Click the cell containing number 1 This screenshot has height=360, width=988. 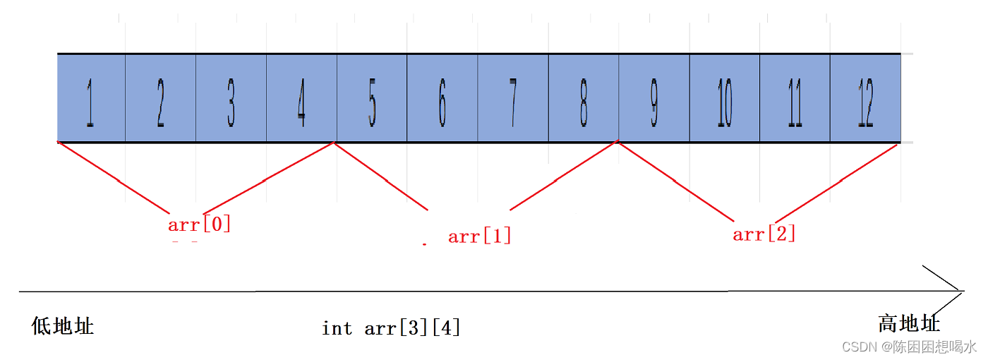click(x=91, y=98)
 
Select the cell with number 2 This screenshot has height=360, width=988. click(x=161, y=98)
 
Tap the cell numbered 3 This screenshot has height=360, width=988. click(x=231, y=98)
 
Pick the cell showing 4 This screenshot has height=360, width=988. click(x=301, y=98)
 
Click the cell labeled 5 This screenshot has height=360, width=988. click(x=372, y=98)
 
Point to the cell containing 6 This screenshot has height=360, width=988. click(x=442, y=98)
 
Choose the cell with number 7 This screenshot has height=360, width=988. click(x=513, y=98)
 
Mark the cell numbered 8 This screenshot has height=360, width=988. click(x=584, y=98)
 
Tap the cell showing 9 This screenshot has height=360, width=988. click(x=654, y=98)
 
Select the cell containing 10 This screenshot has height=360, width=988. click(x=725, y=98)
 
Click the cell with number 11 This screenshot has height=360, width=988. click(x=795, y=98)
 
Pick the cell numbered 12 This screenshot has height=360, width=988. click(x=866, y=98)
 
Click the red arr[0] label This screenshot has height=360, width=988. click(x=200, y=225)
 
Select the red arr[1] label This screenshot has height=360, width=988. click(x=479, y=236)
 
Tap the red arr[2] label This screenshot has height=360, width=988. click(x=764, y=234)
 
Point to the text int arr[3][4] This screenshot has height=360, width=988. click(x=391, y=328)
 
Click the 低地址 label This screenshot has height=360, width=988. click(x=63, y=325)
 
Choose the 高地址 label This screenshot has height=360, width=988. click(x=909, y=324)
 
